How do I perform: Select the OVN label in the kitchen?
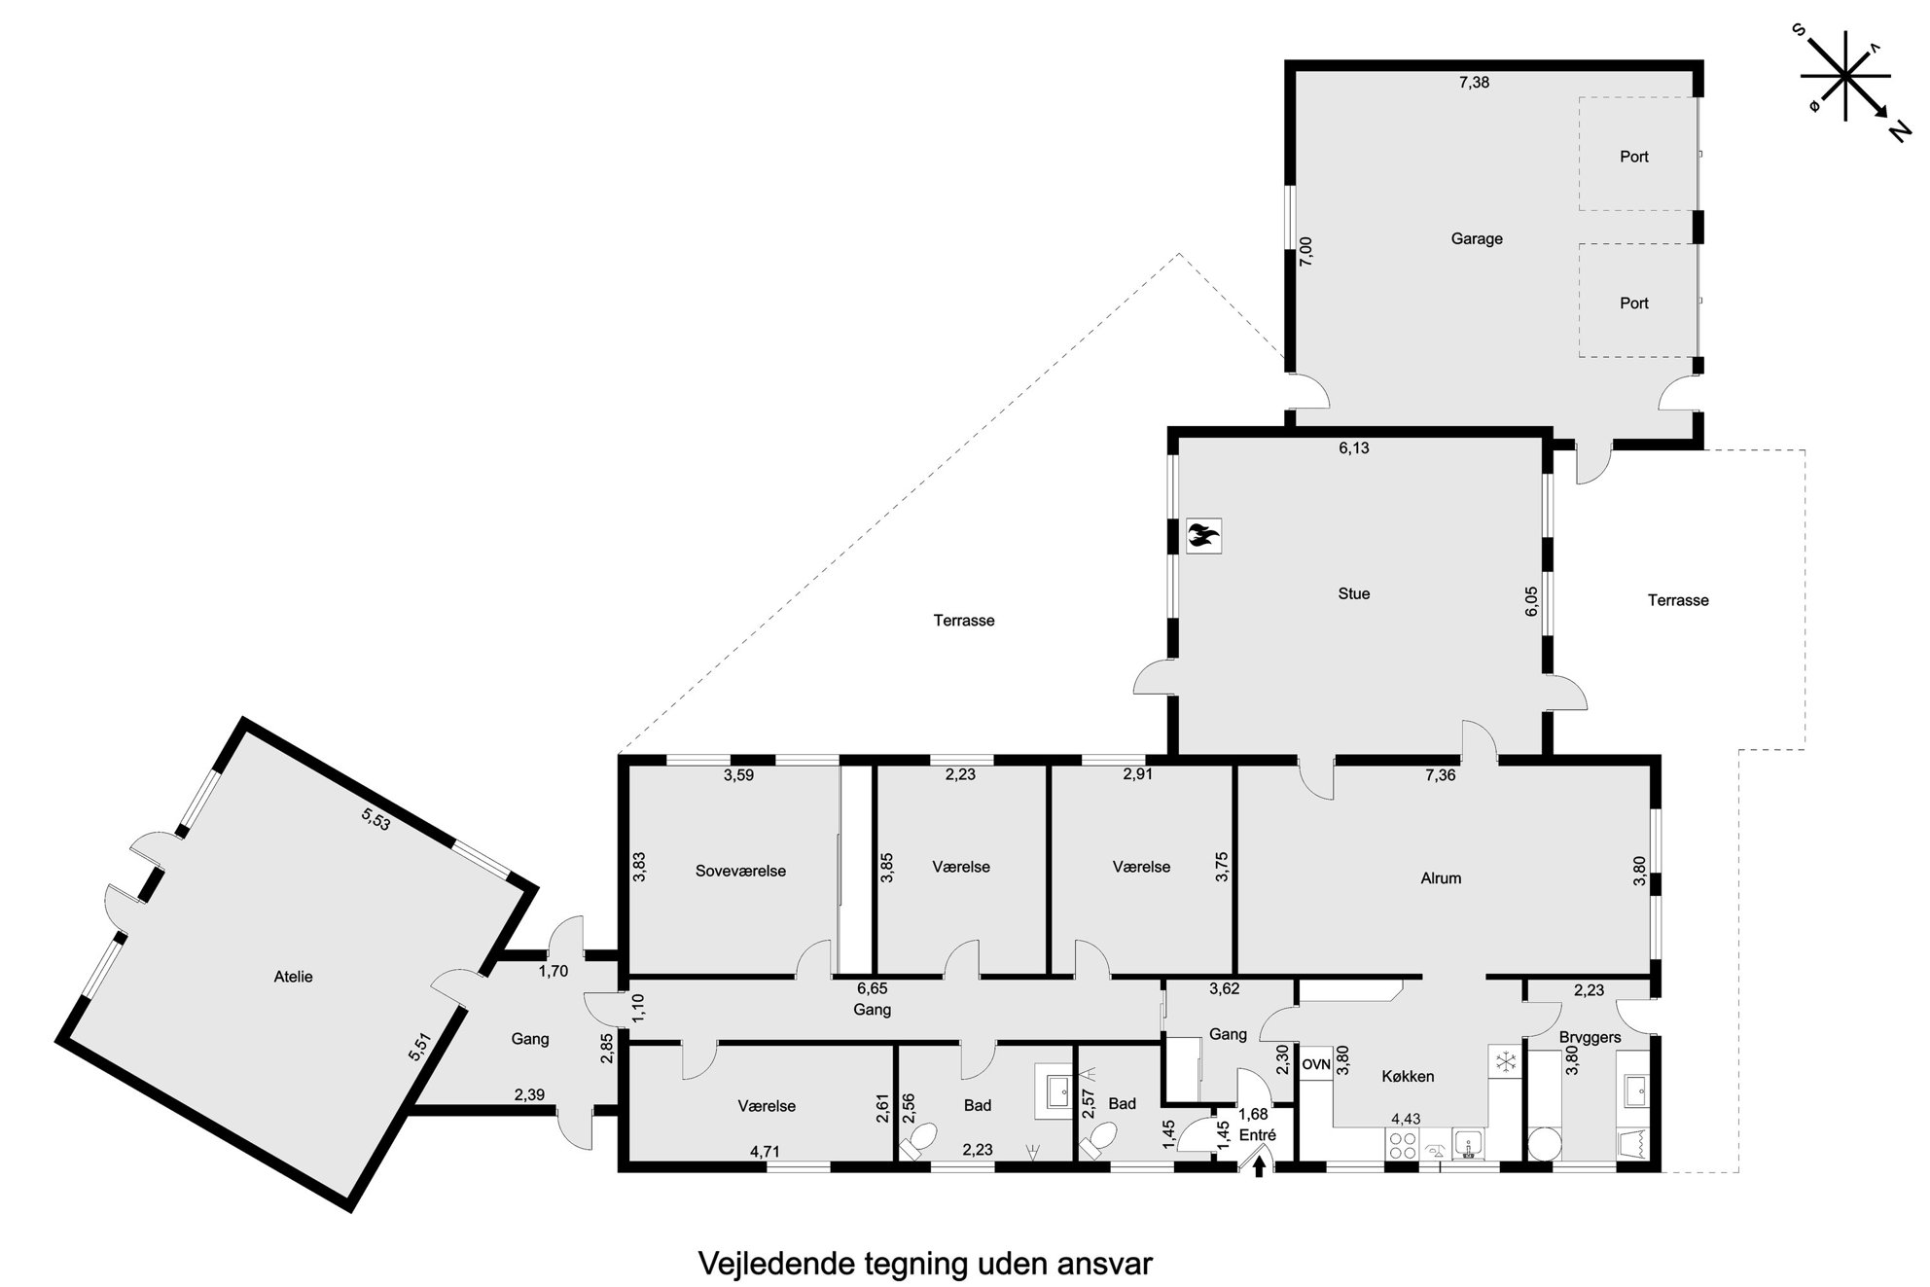1316,1064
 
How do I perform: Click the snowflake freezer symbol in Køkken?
1504,1060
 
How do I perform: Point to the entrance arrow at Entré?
1259,1165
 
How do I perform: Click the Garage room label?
1477,238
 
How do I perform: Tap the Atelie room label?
293,977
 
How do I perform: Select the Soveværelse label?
740,871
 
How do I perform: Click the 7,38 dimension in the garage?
1474,83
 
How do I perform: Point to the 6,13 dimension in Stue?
1354,448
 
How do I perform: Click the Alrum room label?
1441,878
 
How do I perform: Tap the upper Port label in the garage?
1634,157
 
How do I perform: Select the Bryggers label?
1590,1037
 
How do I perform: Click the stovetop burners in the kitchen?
1403,1144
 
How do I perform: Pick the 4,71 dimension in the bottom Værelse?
765,1152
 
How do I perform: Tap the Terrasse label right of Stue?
1678,600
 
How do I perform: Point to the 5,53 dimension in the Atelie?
375,818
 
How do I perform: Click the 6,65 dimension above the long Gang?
872,988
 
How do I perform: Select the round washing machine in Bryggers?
1545,1144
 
